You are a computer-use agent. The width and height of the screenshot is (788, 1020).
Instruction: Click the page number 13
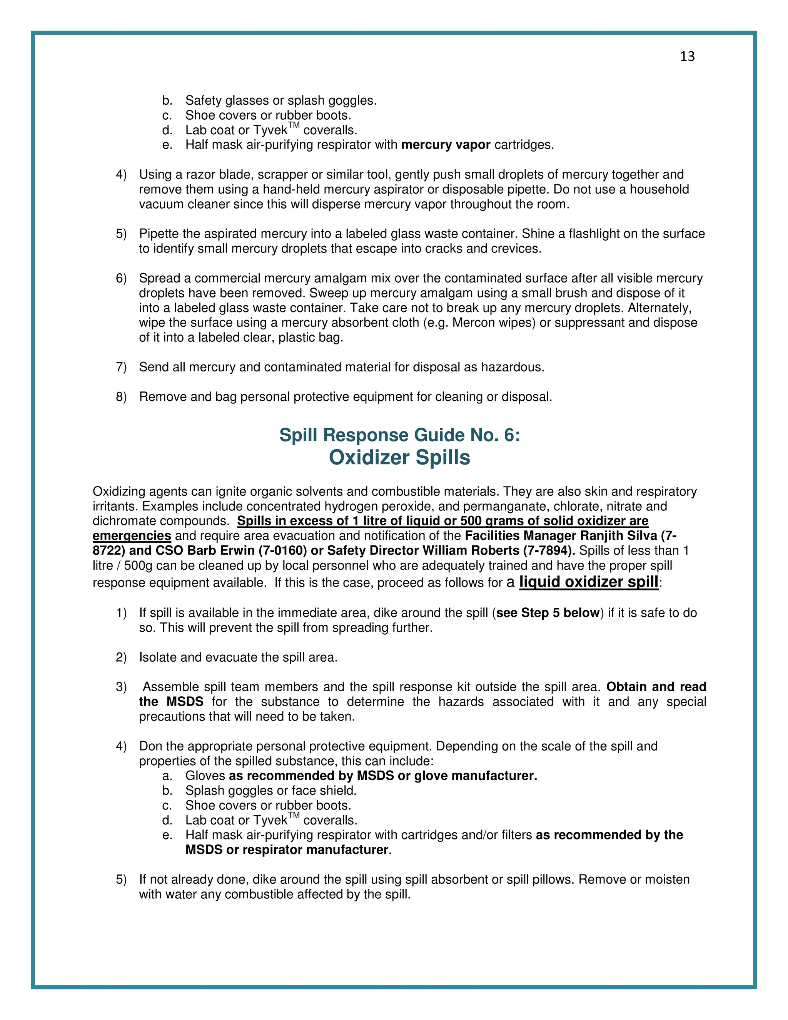pos(687,57)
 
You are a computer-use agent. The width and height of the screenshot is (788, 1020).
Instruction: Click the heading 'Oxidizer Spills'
pos(400,458)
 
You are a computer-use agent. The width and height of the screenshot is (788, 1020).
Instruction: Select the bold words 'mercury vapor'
pos(446,145)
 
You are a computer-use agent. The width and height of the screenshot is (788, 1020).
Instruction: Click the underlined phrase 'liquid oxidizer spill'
pos(589,582)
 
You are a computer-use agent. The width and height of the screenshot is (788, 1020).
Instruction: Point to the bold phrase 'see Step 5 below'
pos(548,613)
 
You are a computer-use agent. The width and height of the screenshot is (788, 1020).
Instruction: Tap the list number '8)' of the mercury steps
pos(121,397)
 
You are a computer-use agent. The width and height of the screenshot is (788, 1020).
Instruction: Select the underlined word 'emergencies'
pos(132,536)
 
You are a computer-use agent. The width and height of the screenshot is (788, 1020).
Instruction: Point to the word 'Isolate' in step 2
pos(158,657)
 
